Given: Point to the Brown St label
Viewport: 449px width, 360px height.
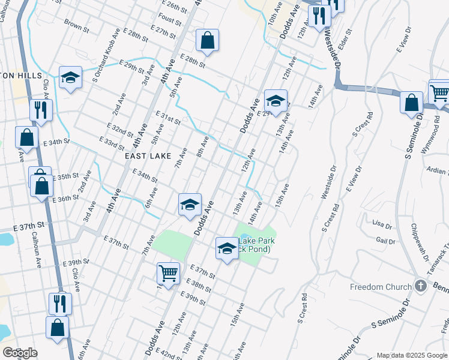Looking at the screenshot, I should click(x=76, y=26).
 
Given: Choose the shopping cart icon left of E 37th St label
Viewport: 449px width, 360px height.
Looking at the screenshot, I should click(x=168, y=273).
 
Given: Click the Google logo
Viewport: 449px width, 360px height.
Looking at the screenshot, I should click(x=20, y=353).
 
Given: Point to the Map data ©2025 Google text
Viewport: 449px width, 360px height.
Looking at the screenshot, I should click(x=412, y=355).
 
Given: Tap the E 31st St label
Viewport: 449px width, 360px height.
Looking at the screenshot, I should click(x=168, y=116).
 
